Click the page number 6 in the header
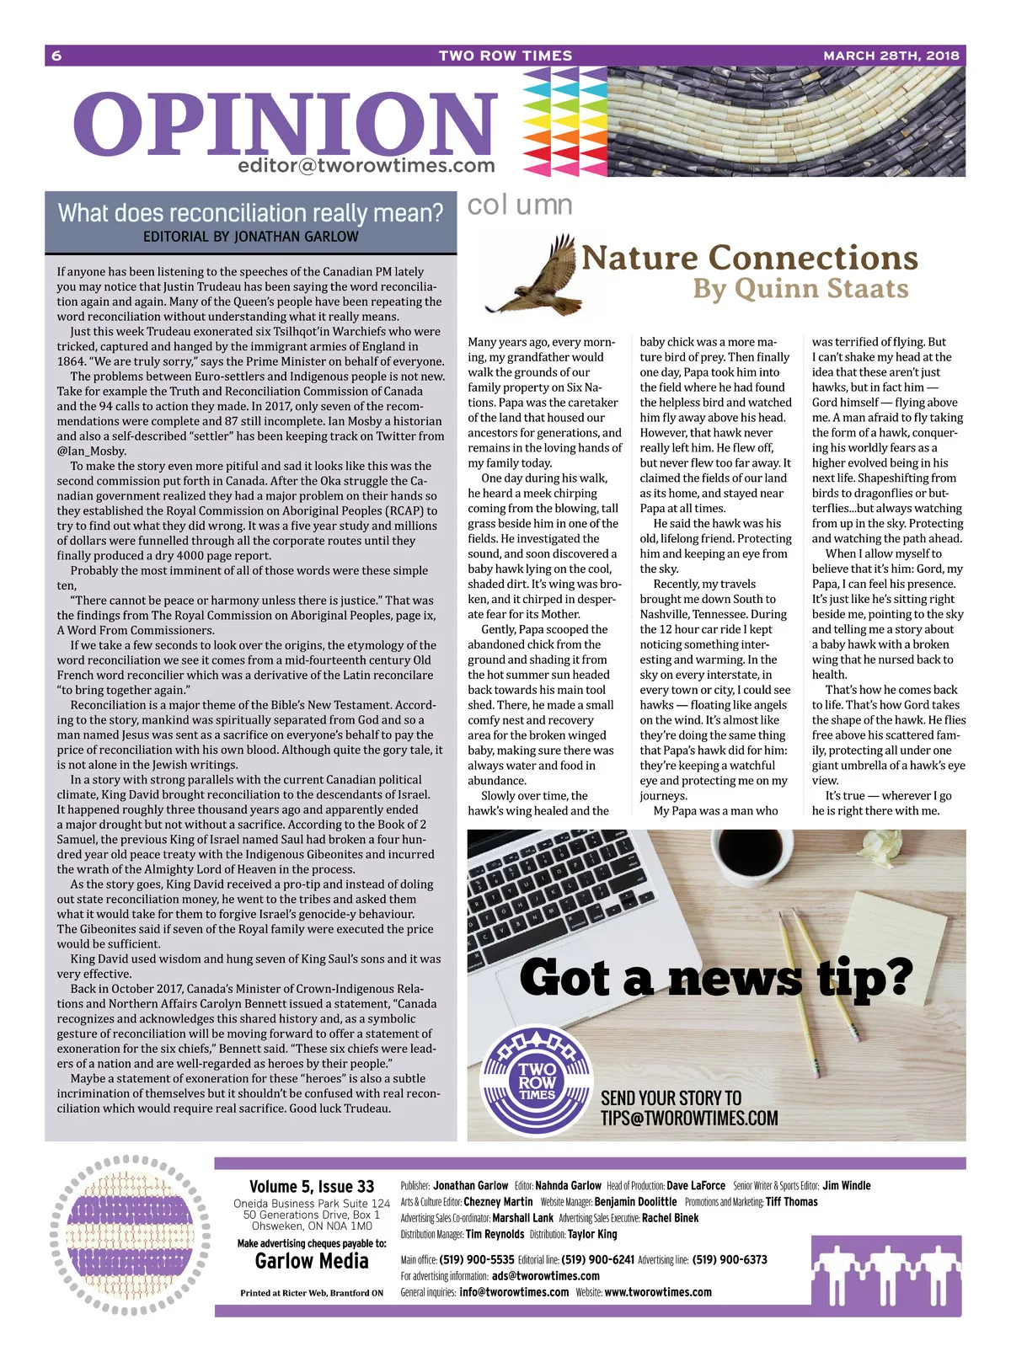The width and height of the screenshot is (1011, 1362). point(56,56)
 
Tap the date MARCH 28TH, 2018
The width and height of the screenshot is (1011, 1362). point(891,56)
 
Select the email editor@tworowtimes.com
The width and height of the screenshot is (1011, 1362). point(366,166)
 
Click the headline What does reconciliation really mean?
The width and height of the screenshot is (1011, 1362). point(250,213)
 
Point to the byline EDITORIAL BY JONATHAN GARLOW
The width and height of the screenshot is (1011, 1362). point(250,237)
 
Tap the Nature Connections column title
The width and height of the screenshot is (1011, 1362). point(749,258)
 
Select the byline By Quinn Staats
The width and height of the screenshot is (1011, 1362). point(800,289)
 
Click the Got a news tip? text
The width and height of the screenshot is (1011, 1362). point(716,979)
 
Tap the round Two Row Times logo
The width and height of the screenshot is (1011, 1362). point(538,1079)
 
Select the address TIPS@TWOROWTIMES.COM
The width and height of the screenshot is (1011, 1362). point(689,1118)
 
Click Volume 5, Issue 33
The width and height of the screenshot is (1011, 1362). point(312,1186)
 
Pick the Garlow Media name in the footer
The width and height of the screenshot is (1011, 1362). point(312,1261)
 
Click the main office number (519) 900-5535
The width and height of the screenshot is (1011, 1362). point(477,1260)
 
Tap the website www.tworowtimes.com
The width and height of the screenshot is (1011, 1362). point(658,1292)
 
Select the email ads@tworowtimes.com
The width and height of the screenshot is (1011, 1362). point(546,1276)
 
